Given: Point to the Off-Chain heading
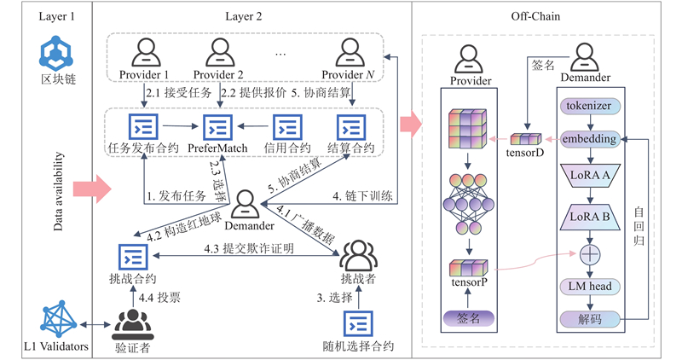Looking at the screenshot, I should click(x=535, y=14).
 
